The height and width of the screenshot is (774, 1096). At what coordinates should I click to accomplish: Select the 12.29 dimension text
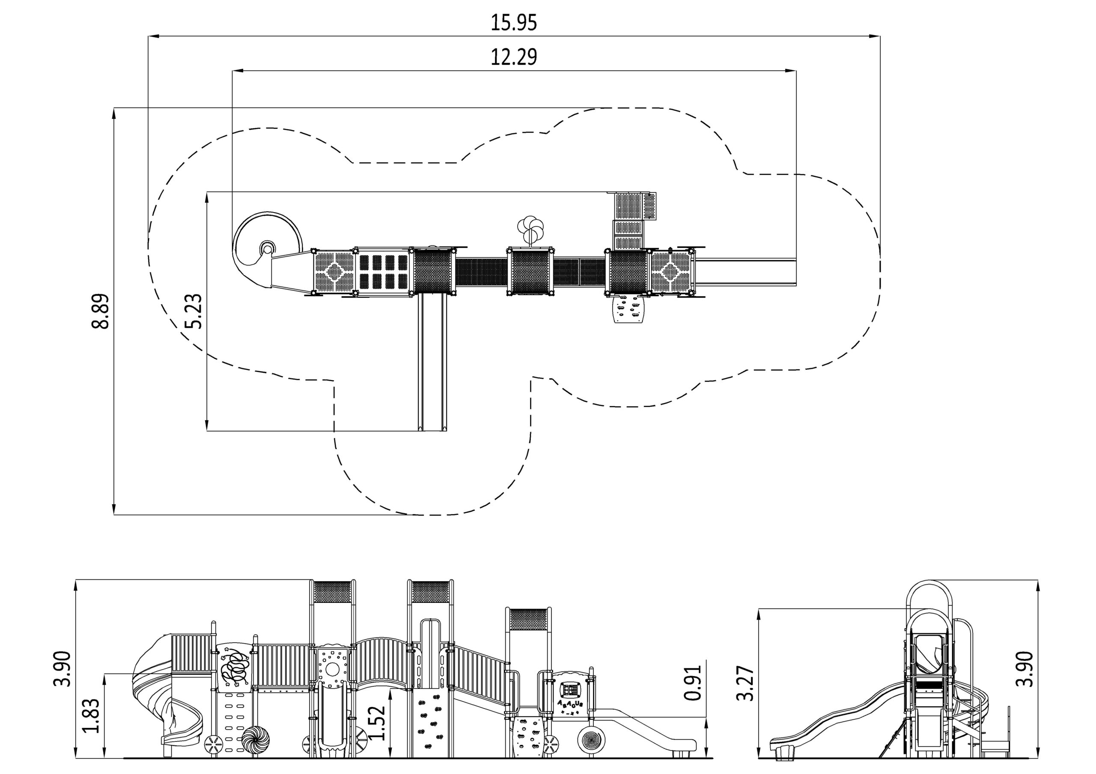(514, 57)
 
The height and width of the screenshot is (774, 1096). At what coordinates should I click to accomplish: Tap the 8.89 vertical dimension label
(101, 311)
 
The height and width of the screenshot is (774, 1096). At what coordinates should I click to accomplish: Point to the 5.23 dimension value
(194, 311)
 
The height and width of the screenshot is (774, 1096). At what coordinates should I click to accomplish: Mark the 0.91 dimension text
(693, 683)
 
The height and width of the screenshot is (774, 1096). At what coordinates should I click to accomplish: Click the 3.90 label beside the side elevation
(1025, 669)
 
